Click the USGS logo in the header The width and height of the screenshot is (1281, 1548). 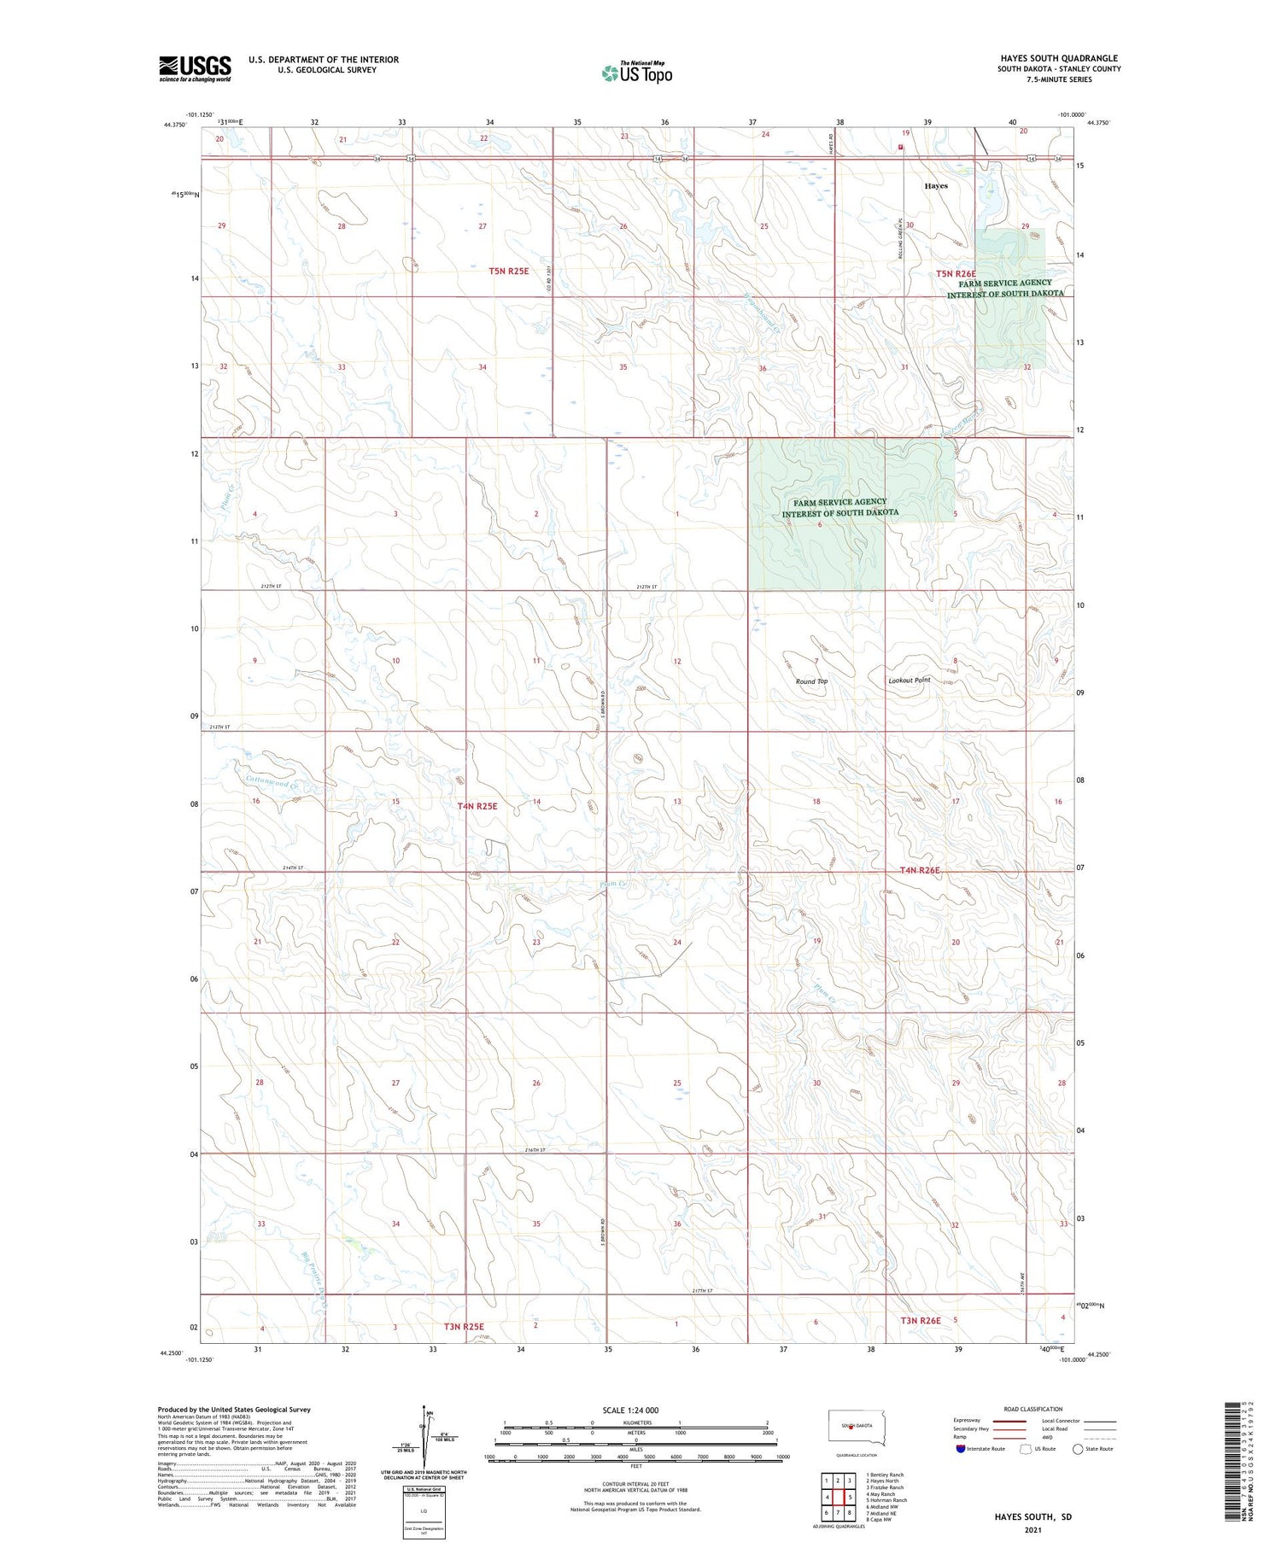tap(195, 68)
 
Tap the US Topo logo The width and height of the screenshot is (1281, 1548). tap(636, 73)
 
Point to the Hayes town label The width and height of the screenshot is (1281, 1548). tap(936, 185)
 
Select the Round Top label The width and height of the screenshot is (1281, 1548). tap(811, 681)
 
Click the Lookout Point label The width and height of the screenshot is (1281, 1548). tap(909, 681)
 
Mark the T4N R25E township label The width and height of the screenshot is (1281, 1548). tap(477, 806)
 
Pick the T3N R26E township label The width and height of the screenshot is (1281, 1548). tap(920, 1320)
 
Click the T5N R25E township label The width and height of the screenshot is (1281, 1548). tap(508, 271)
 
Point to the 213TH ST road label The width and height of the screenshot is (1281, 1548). tap(220, 727)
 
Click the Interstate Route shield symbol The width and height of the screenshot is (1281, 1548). tap(960, 1449)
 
